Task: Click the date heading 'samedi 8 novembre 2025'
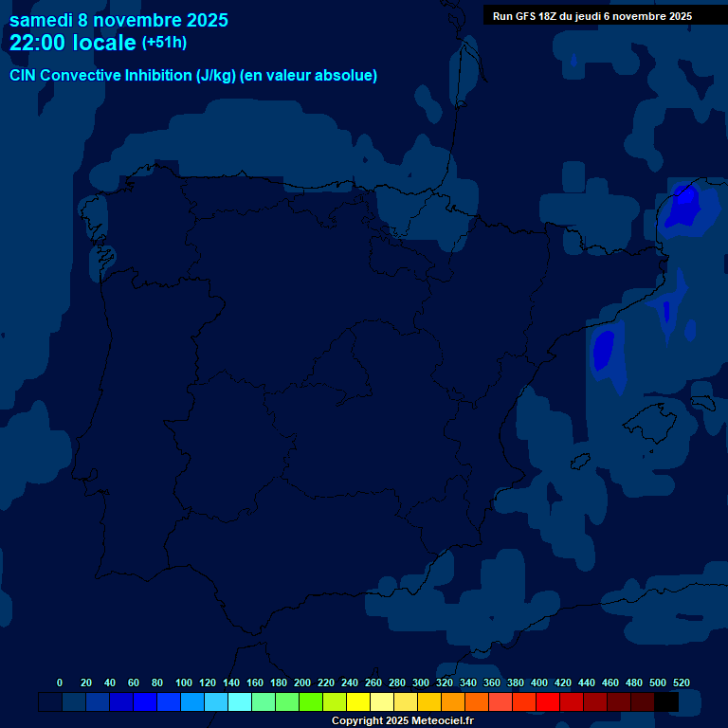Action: tap(118, 20)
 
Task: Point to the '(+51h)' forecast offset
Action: tap(164, 43)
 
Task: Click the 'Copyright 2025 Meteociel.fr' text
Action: tap(402, 721)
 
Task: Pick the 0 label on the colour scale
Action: tap(60, 682)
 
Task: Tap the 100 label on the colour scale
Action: tap(184, 682)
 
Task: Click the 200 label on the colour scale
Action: tap(302, 682)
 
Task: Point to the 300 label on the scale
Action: tap(421, 682)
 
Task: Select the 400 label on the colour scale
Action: tap(539, 682)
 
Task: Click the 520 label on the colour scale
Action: tap(682, 682)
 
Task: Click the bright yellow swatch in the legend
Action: tap(358, 701)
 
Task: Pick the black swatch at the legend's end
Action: tap(666, 701)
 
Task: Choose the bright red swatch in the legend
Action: tap(548, 701)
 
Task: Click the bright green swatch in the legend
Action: tap(311, 701)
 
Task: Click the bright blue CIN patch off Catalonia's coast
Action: tap(604, 351)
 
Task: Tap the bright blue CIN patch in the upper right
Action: tap(682, 207)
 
